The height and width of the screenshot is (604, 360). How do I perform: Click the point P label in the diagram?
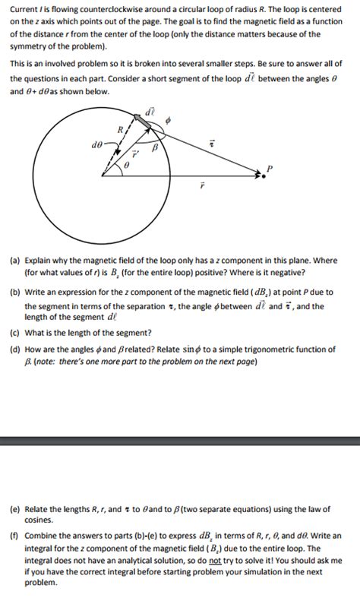pos(267,167)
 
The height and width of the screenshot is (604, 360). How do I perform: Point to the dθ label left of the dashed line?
pos(96,142)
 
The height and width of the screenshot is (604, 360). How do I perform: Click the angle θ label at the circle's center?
pos(128,165)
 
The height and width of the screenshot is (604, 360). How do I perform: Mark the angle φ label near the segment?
pos(168,119)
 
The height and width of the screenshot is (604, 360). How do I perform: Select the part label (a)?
pos(15,259)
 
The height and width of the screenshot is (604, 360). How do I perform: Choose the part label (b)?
pos(15,292)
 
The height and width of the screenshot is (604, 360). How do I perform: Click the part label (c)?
pos(15,332)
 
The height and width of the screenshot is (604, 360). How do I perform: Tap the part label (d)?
pos(15,349)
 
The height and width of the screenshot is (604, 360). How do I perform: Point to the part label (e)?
pos(15,510)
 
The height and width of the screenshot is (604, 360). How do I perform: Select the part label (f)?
pos(15,536)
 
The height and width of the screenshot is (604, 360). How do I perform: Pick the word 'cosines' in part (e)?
pos(39,521)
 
